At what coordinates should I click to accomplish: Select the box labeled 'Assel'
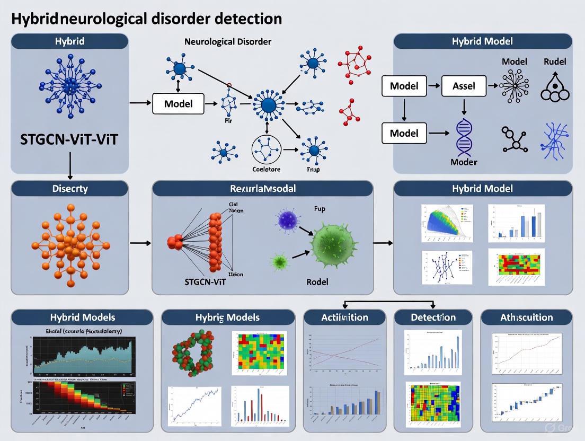[464, 85]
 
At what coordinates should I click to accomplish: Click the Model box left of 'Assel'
[404, 85]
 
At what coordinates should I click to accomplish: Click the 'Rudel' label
[554, 61]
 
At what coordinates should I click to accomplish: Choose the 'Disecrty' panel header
[69, 189]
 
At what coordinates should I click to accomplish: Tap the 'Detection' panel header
[433, 317]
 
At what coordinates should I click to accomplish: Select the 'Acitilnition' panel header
[344, 317]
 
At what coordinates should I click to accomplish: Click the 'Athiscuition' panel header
[526, 317]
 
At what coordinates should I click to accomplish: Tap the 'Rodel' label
[317, 281]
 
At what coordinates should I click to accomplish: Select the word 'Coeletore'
[267, 170]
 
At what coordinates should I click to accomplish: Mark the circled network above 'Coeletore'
[267, 149]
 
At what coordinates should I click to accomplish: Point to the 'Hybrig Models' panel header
[228, 317]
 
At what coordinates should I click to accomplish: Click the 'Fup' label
[320, 208]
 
